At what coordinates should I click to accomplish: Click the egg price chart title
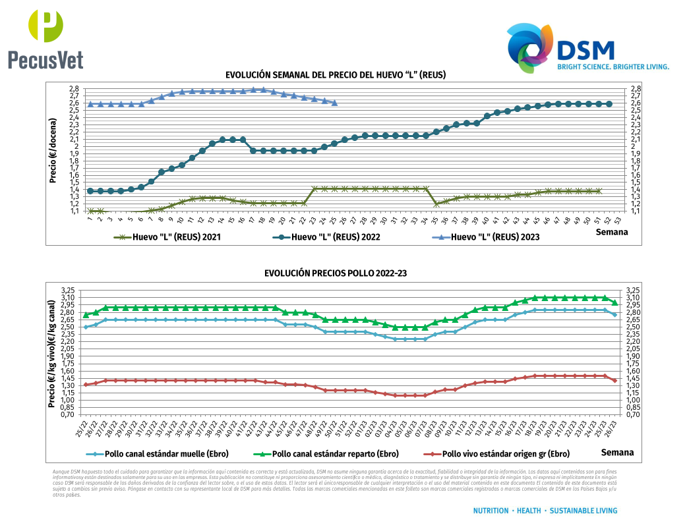[336, 75]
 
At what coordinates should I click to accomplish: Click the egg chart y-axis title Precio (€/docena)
[53, 151]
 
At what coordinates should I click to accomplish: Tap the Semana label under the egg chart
[612, 232]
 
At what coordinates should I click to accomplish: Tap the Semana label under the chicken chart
[617, 453]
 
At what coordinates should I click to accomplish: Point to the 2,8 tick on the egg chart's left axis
[74, 88]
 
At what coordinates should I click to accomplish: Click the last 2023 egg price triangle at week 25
[334, 103]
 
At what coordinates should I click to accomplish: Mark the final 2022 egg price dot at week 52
[609, 104]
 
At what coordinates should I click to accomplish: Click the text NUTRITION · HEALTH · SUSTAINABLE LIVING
[545, 511]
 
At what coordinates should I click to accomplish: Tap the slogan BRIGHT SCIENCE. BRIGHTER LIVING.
[613, 67]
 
